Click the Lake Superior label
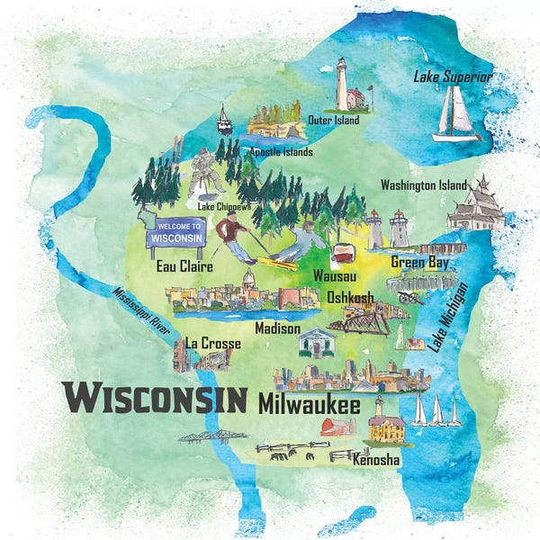pyautogui.click(x=453, y=77)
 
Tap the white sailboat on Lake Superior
pyautogui.click(x=456, y=117)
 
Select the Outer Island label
pyautogui.click(x=333, y=120)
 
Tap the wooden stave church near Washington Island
pyautogui.click(x=476, y=206)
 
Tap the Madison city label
pyautogui.click(x=277, y=328)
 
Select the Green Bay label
pyautogui.click(x=420, y=262)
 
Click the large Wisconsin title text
pyautogui.click(x=155, y=396)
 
